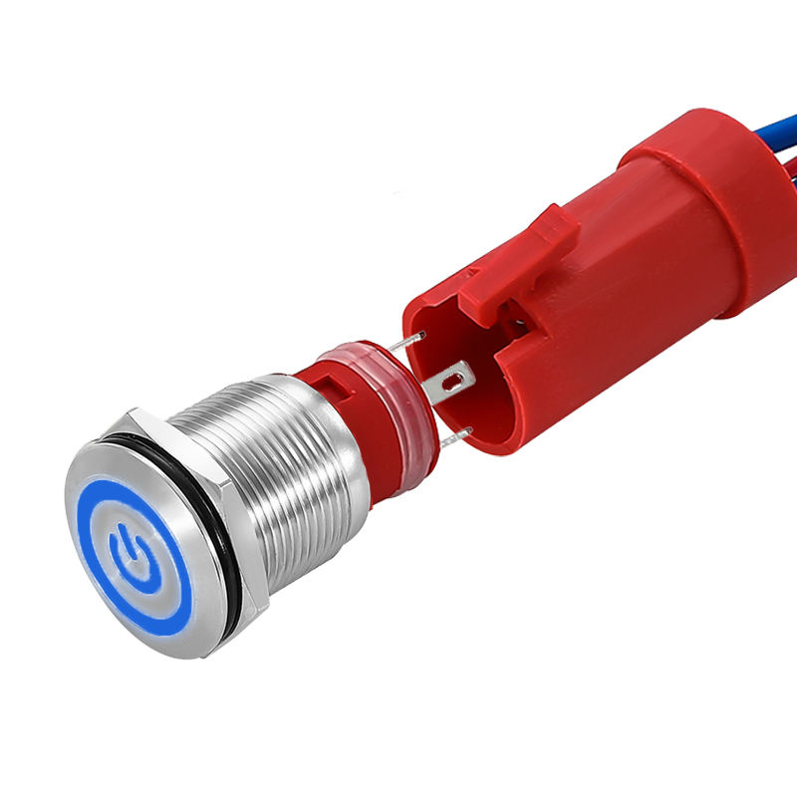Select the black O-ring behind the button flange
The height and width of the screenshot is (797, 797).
pos(225,588)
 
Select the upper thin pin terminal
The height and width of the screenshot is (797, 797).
pos(408,341)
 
